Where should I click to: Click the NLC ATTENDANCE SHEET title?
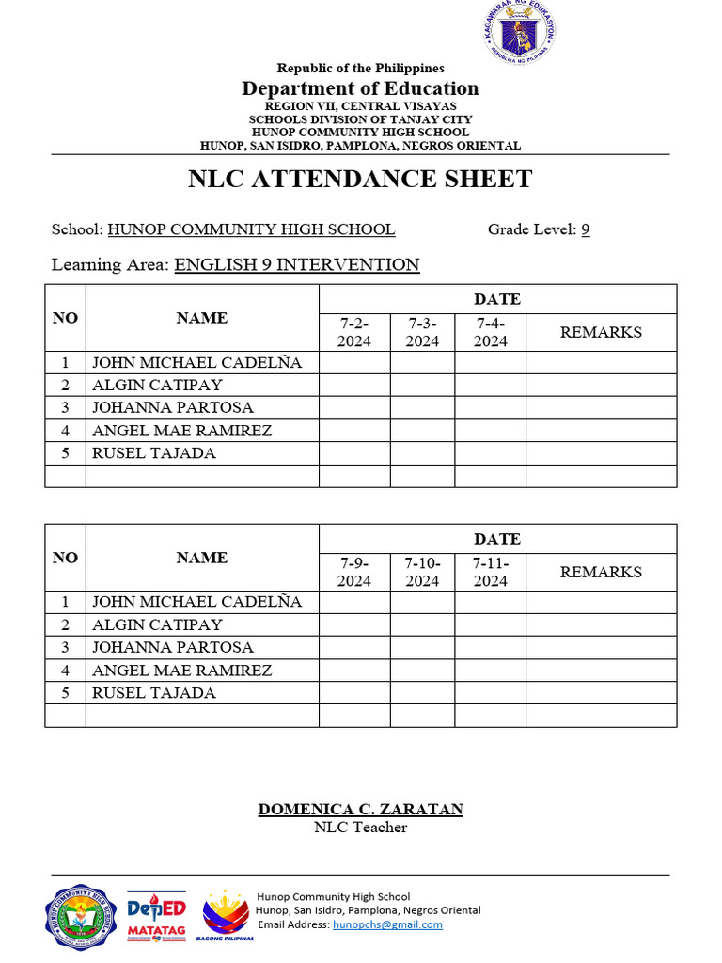pos(360,179)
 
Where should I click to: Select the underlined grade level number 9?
pos(585,229)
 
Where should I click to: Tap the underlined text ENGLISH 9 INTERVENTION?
pos(297,265)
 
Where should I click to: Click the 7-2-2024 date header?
pos(354,332)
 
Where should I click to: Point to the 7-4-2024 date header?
pos(490,332)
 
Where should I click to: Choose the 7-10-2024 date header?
pos(422,572)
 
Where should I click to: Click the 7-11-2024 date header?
pos(490,572)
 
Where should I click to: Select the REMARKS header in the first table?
pos(601,332)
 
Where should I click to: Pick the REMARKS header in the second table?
pos(601,572)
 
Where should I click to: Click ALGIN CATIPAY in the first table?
pos(157,385)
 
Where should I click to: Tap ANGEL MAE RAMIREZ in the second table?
pos(181,671)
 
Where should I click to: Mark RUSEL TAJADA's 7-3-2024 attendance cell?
pos(422,453)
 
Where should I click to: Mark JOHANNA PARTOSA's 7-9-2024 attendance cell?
pos(354,648)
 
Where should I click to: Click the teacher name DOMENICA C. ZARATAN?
pos(360,809)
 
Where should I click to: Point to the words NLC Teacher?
pos(360,828)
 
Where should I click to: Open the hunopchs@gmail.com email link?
pos(387,924)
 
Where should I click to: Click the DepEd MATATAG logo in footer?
pos(156,915)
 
